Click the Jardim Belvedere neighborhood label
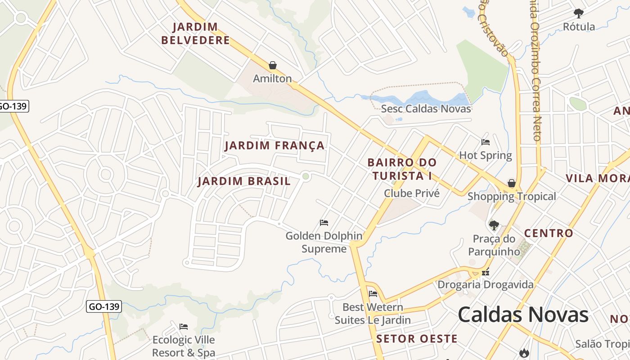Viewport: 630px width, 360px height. [195, 34]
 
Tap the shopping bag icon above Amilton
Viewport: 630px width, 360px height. [272, 65]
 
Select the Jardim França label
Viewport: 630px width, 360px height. [274, 145]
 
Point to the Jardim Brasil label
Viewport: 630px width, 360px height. [244, 181]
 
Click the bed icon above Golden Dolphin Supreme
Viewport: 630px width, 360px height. [324, 222]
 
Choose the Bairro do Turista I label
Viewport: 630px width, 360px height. [402, 169]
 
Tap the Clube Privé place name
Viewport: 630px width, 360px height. [411, 193]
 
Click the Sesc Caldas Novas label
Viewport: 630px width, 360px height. [426, 108]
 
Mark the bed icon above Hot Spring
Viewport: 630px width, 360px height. [486, 142]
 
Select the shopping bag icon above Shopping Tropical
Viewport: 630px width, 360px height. [512, 183]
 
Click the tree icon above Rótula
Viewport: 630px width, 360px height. [579, 13]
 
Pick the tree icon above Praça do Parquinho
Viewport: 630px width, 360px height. [494, 225]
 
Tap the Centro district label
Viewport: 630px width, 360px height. [549, 233]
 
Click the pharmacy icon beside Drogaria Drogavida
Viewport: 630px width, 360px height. [485, 272]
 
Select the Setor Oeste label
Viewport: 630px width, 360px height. [417, 339]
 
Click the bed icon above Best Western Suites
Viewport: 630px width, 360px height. [373, 294]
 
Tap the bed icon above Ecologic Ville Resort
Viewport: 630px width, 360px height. [184, 327]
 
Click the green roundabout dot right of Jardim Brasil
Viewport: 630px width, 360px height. [306, 176]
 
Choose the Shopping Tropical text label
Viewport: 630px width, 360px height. [512, 196]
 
